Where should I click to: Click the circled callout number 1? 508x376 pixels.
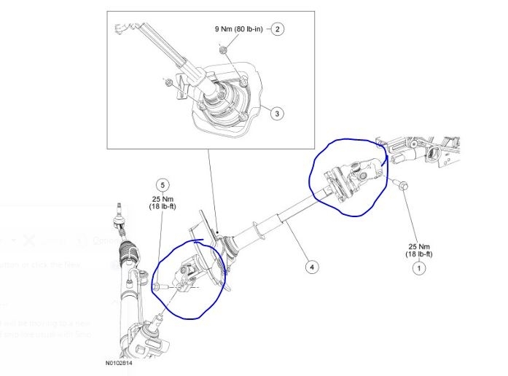[418, 268]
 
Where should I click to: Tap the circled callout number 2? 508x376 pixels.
[277, 30]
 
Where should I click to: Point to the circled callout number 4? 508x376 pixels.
[311, 267]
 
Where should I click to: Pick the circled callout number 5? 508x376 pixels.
[163, 186]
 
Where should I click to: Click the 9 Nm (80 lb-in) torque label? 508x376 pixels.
[239, 30]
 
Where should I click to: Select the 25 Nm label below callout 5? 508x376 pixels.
[163, 203]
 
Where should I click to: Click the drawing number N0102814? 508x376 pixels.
[120, 361]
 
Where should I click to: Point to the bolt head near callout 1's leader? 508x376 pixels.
[402, 189]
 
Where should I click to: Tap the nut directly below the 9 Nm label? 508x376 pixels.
[224, 49]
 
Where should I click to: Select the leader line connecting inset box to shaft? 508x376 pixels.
[211, 189]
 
